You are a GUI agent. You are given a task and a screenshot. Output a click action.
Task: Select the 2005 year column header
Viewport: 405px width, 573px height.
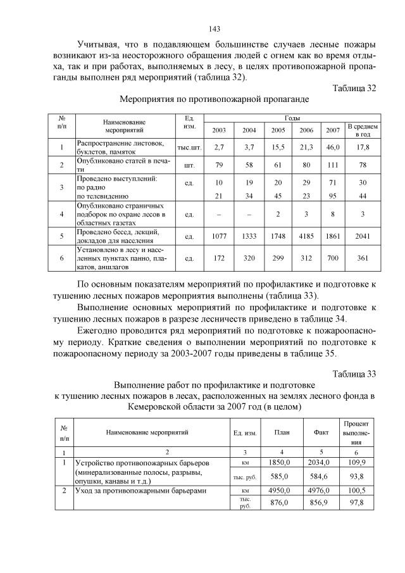coord(278,130)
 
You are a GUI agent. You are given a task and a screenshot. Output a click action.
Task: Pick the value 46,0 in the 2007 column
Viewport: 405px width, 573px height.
coord(332,147)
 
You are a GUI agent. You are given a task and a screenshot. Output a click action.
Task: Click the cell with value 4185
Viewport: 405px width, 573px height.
coord(306,237)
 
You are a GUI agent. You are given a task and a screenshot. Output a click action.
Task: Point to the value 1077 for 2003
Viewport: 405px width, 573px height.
coord(219,237)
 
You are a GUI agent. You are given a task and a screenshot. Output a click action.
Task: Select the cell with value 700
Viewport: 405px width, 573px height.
coord(332,258)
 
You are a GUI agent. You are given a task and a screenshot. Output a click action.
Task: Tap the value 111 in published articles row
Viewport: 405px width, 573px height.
coord(332,165)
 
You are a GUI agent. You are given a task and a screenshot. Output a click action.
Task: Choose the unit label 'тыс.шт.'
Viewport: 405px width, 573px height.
coord(189,147)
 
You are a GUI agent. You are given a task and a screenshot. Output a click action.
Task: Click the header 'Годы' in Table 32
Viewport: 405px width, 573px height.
coord(292,118)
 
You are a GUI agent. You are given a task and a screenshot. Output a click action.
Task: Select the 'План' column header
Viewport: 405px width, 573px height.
coord(282,432)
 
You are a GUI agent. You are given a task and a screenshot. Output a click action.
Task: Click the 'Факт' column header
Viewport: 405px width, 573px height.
coord(321,432)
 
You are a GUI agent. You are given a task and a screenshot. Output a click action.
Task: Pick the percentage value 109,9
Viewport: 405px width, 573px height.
coord(357,463)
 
